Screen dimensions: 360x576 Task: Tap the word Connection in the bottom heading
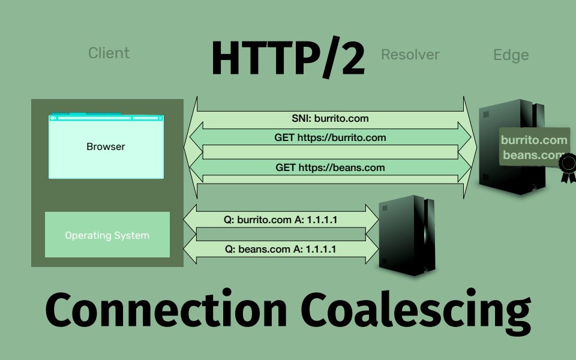[166, 311]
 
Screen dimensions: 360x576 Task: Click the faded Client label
[109, 53]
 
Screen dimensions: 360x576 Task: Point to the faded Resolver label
[410, 55]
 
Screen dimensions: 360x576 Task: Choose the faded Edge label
[511, 55]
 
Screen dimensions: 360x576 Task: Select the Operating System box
[107, 235]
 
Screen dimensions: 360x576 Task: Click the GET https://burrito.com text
[330, 137]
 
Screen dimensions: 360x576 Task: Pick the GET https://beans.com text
[330, 167]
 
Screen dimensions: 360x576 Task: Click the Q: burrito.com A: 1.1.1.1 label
[280, 220]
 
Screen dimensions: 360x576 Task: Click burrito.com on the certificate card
[534, 140]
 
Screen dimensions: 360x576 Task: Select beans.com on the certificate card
[534, 155]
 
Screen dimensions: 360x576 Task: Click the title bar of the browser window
[106, 118]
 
